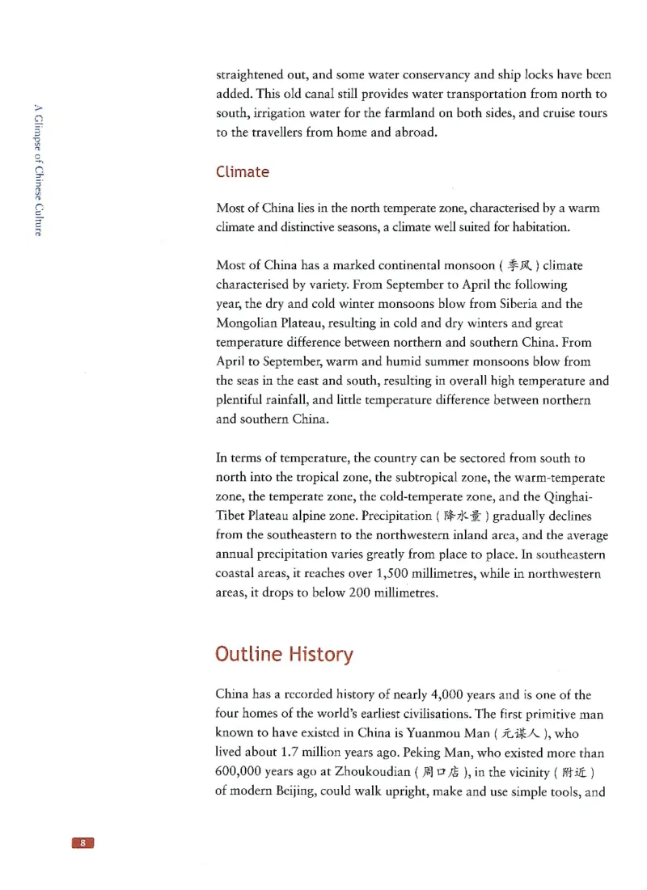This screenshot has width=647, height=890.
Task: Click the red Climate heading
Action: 243,172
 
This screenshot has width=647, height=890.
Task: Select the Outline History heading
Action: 284,654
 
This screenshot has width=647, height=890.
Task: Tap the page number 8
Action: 83,843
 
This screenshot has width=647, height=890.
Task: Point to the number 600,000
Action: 246,772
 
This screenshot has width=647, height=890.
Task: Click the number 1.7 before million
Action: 285,753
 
